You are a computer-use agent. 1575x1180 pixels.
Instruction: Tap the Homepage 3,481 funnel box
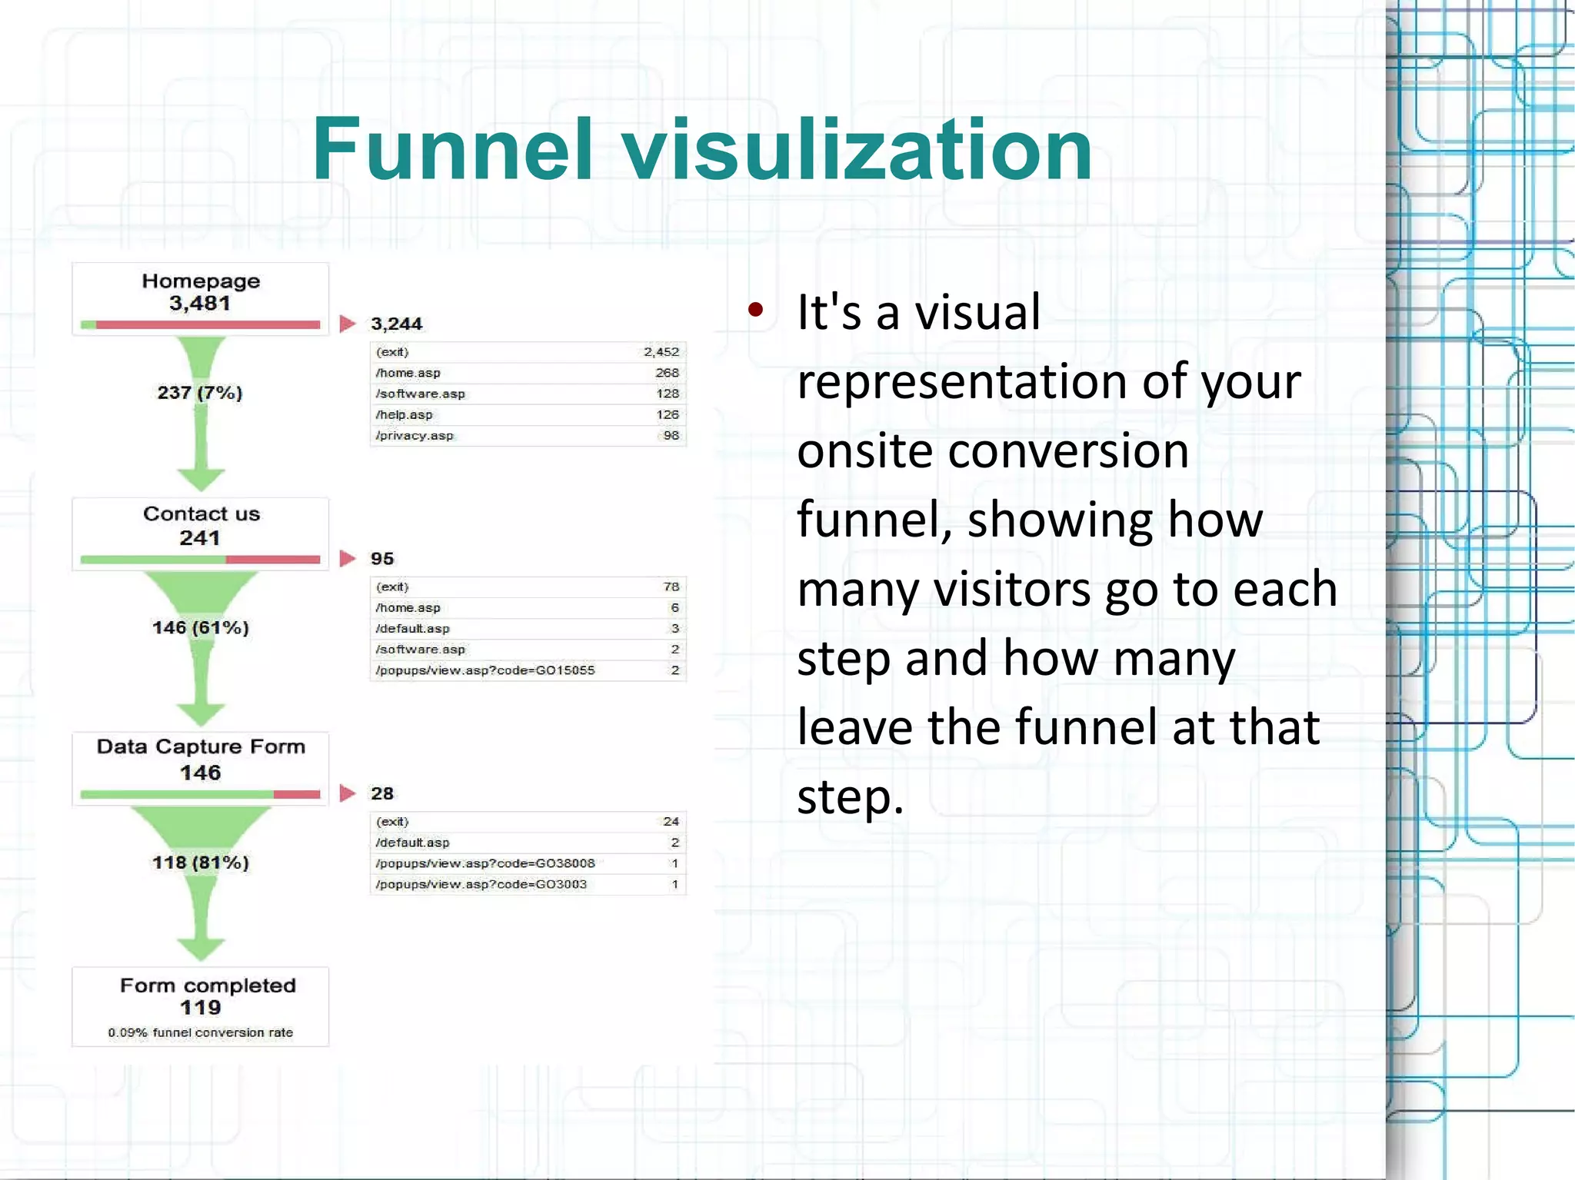[200, 298]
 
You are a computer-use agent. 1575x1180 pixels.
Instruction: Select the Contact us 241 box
[200, 532]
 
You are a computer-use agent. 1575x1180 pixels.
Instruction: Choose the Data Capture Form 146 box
[200, 766]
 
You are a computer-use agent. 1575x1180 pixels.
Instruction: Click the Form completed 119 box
[200, 1005]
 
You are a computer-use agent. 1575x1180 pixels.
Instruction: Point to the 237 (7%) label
[200, 393]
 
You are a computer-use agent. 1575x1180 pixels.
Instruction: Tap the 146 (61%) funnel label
[200, 627]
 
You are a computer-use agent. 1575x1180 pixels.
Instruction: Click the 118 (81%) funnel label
[200, 863]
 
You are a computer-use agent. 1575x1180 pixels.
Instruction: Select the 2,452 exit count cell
[661, 352]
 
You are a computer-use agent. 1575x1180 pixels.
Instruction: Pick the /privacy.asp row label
[415, 436]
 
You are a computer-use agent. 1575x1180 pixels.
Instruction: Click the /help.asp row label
[405, 415]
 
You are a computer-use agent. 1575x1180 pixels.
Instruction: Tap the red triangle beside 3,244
[348, 324]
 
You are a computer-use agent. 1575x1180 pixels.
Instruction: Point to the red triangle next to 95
[348, 558]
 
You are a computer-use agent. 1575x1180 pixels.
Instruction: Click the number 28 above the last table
[382, 793]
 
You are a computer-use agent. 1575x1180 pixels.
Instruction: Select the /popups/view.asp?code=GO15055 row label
[485, 670]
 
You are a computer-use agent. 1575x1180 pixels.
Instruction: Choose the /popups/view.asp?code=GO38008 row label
[485, 863]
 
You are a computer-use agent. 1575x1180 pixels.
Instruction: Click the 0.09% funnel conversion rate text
[200, 1032]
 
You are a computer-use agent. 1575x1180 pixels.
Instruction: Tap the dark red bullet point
[755, 310]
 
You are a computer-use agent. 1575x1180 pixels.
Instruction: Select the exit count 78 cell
[671, 587]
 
